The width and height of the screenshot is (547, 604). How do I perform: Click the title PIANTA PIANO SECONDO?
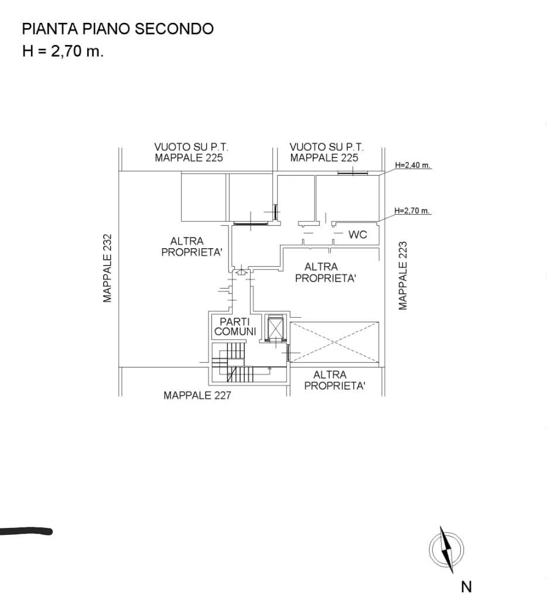118,29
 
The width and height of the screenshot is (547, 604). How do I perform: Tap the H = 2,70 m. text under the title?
63,50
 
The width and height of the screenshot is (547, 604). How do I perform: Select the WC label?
358,234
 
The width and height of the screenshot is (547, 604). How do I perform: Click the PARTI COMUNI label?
235,326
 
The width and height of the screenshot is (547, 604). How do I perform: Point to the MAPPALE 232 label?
107,268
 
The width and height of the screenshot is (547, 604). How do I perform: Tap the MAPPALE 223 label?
403,276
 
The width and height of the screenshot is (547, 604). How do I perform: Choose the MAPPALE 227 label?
197,395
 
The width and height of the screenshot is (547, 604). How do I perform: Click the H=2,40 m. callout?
412,165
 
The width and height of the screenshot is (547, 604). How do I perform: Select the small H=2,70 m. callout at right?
412,211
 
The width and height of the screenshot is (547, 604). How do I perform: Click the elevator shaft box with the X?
275,328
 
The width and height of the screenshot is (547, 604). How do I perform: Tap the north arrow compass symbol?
446,550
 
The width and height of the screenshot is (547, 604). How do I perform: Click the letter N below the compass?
466,586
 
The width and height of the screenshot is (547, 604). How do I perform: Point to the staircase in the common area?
233,363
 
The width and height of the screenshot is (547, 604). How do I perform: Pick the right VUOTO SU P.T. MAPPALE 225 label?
326,152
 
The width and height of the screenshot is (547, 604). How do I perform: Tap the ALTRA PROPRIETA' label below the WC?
324,272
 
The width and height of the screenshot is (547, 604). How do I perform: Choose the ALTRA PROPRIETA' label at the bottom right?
334,380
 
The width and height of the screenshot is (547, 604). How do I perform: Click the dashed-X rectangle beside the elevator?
334,342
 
